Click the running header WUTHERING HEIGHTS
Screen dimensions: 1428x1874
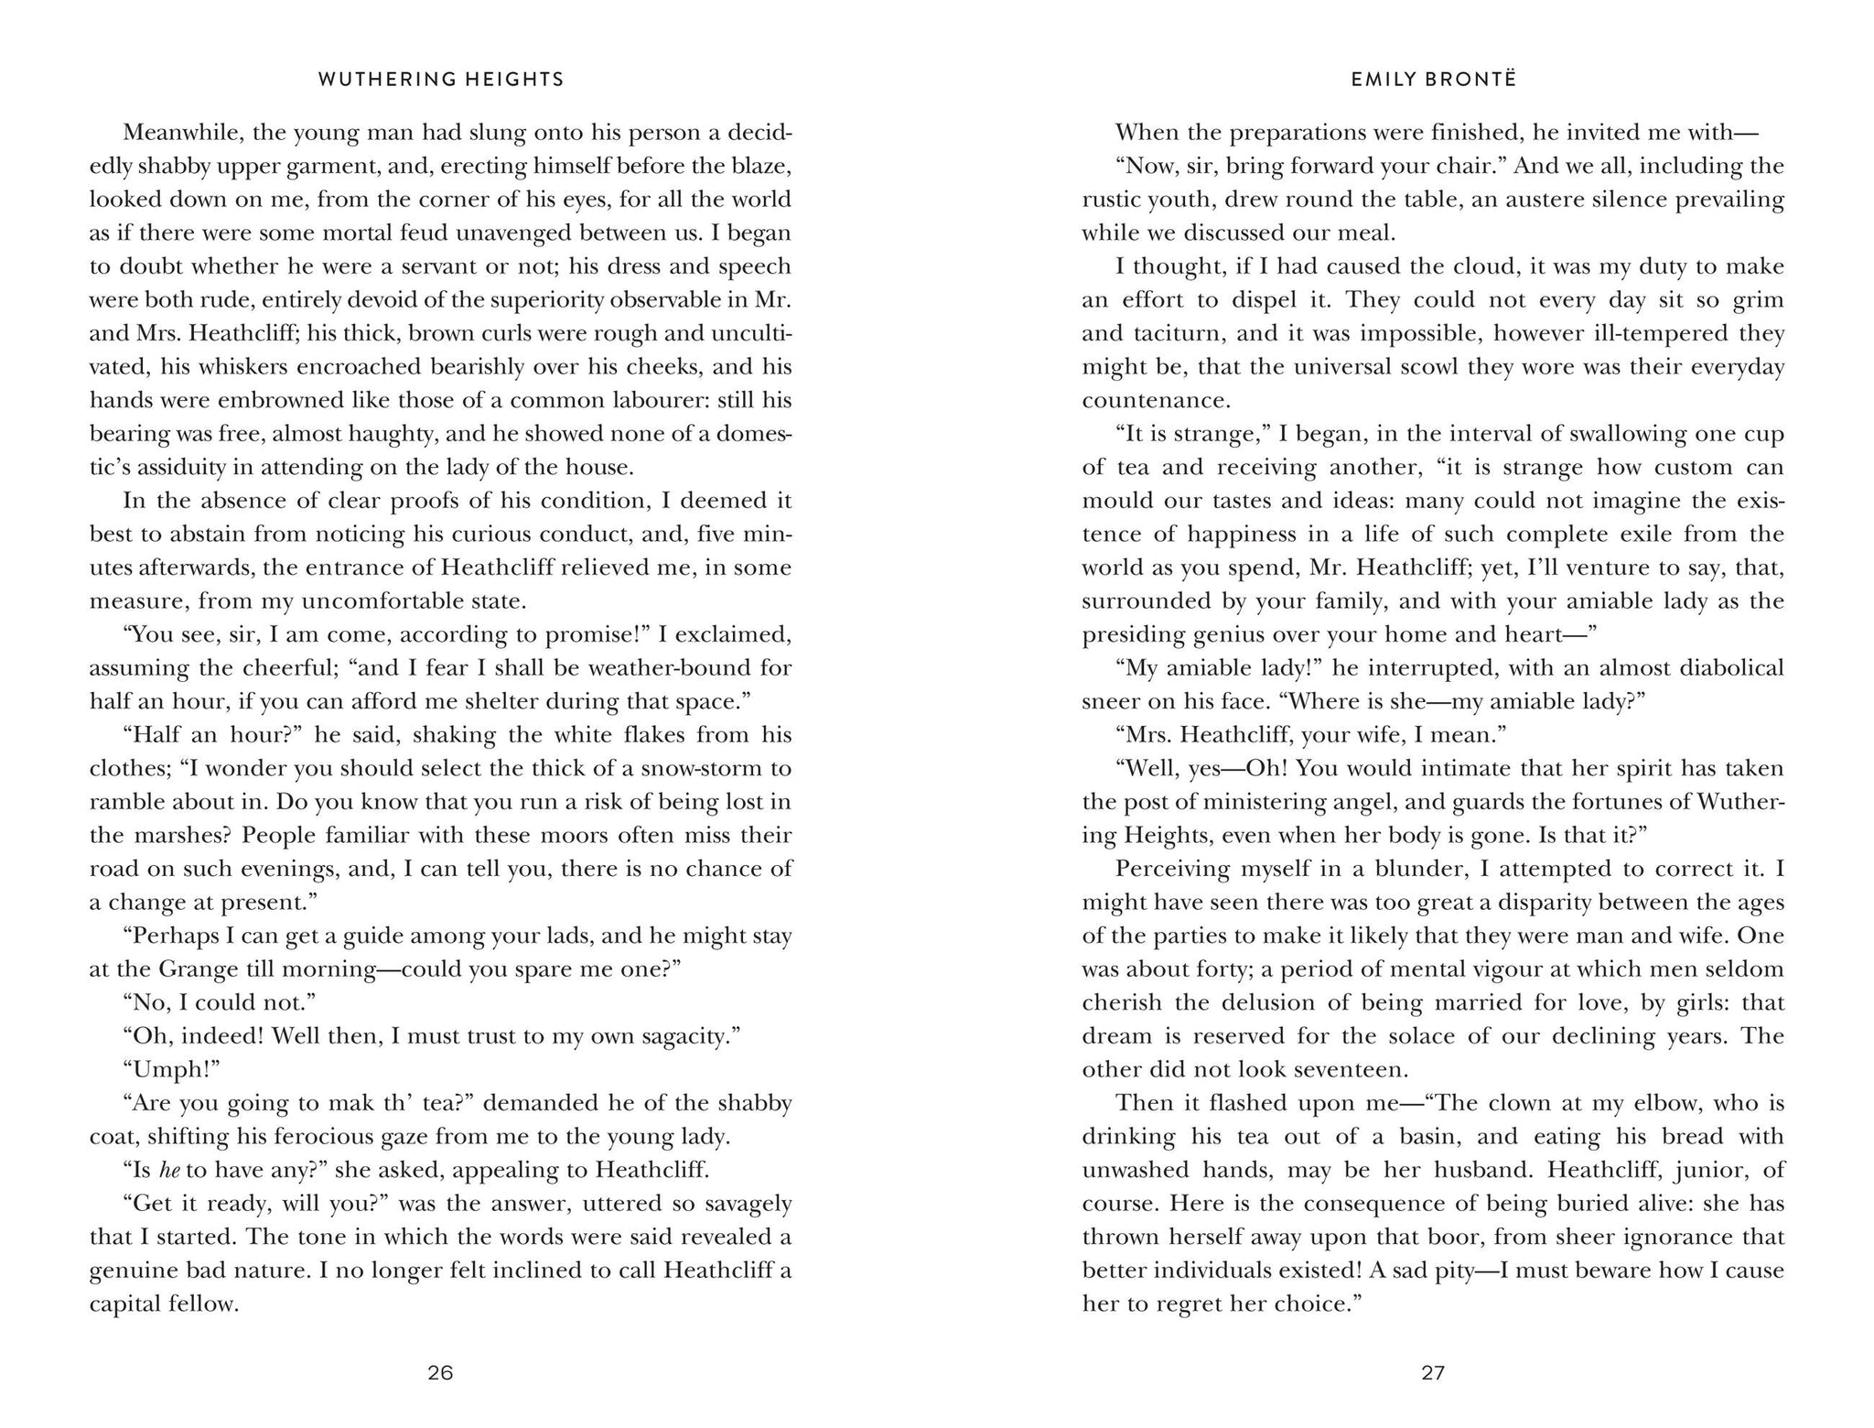441,80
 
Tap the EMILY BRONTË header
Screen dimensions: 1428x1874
1433,80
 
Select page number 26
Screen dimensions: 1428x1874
441,1373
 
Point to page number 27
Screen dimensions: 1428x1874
1433,1373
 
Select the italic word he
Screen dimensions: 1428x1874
169,1170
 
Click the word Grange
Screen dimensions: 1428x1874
198,968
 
